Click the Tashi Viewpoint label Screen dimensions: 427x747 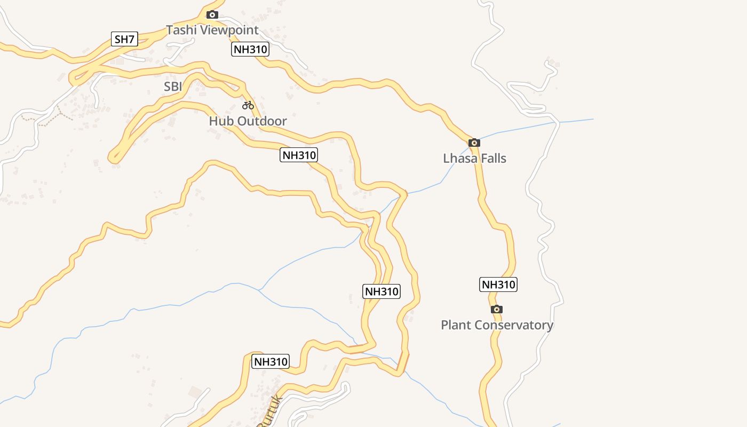tap(212, 30)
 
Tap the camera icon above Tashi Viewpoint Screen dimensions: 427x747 tap(212, 15)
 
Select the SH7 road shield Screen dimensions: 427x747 tap(125, 39)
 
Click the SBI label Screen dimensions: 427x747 tap(173, 86)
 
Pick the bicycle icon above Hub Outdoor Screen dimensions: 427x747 tap(248, 105)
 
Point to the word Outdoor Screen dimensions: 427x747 tap(262, 121)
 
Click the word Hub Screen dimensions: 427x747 tap(221, 121)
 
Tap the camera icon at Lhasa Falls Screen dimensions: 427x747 tap(474, 143)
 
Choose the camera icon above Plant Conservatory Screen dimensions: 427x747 tap(497, 309)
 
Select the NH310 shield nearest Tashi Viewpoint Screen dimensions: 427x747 tap(250, 50)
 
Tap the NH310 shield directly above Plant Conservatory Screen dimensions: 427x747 tap(498, 284)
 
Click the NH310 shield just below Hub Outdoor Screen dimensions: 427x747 tap(299, 155)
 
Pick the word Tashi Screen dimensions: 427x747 tap(180, 30)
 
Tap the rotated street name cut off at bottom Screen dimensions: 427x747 tap(269, 412)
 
